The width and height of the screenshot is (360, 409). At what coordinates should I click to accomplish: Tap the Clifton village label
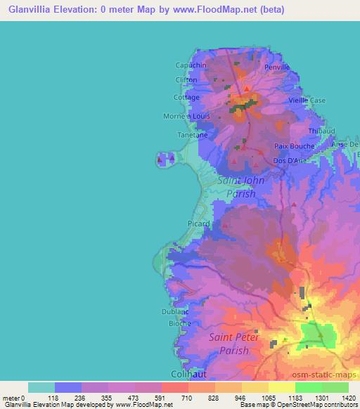186,81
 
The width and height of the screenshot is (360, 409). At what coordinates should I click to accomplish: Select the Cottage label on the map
186,98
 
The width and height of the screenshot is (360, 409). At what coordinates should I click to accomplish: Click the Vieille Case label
307,100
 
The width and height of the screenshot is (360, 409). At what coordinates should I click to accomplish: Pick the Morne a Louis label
186,116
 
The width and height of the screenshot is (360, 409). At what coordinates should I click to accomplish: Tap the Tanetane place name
192,134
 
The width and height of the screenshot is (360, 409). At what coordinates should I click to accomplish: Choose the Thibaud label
320,131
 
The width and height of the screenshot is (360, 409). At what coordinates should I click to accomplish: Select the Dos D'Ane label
289,161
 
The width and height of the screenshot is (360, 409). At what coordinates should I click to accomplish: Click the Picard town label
198,224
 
